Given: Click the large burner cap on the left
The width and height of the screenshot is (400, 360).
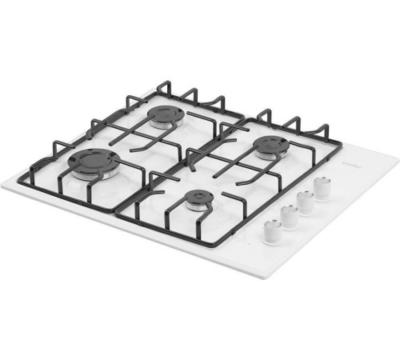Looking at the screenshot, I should (x=94, y=162).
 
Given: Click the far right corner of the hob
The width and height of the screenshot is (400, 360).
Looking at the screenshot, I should (x=398, y=157).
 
